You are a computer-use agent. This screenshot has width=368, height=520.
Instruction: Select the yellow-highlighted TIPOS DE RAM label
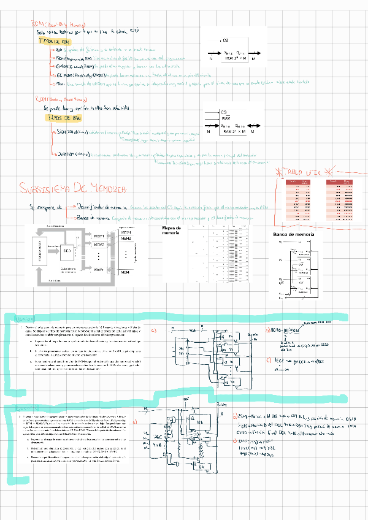point(64,118)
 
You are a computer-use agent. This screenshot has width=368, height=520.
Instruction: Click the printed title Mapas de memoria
point(172,231)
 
